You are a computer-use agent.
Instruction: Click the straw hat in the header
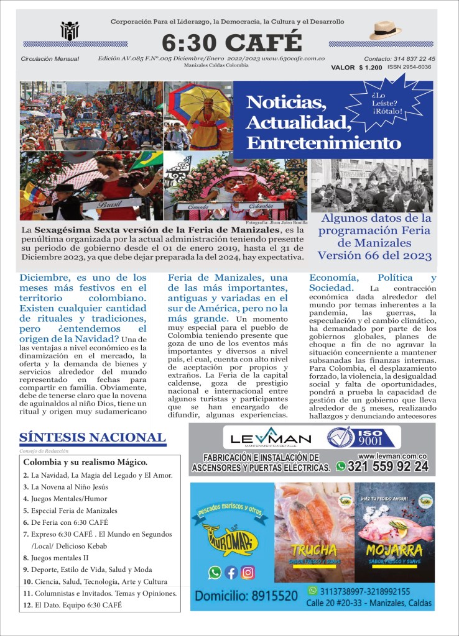pos(385,30)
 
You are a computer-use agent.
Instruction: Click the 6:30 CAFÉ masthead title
pos(231,42)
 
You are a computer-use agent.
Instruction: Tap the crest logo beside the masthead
pos(70,30)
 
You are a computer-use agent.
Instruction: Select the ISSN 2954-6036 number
pos(409,67)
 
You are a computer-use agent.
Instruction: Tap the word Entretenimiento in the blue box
pos(323,143)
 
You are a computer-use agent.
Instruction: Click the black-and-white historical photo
pos(372,185)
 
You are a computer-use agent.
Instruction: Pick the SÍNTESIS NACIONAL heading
pos(93,437)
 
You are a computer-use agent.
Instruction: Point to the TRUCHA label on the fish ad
pos(314,550)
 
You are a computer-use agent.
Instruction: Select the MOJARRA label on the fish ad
pos(394,550)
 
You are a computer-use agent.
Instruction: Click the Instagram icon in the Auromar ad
pos(248,573)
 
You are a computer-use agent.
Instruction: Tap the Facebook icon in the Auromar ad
pos(231,573)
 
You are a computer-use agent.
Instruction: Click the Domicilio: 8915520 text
pos(246,596)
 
